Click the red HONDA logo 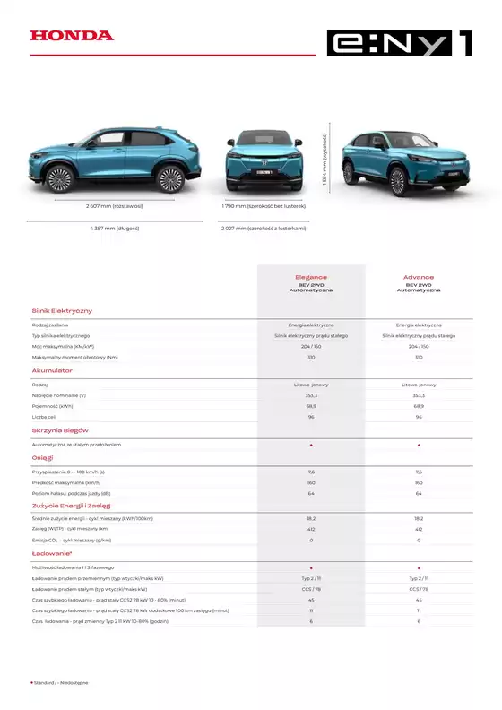click(72, 36)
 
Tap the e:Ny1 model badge click(399, 43)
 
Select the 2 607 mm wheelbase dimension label click(114, 206)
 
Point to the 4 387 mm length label click(114, 229)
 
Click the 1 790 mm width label click(264, 206)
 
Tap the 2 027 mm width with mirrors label click(264, 229)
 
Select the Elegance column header click(311, 278)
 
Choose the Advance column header click(419, 278)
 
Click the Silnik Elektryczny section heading click(62, 310)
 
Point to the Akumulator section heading click(52, 369)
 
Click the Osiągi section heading click(44, 457)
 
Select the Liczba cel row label click(44, 417)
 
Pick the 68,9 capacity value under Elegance click(311, 406)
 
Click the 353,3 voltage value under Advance click(419, 395)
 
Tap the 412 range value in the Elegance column click(311, 529)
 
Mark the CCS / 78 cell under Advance click(419, 589)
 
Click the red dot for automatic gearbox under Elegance click(311, 445)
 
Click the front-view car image click(263, 161)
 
